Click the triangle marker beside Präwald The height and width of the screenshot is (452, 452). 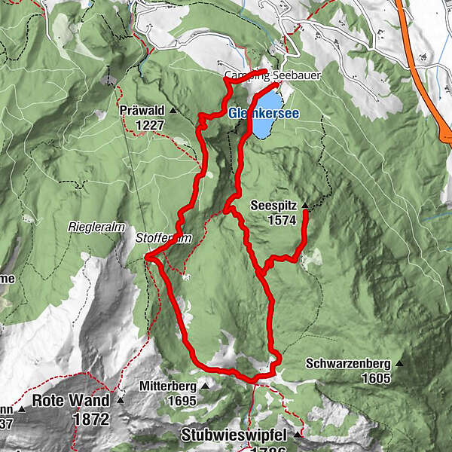pos(172,111)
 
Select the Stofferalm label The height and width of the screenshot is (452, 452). pos(160,237)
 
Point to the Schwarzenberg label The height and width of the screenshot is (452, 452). pos(349,363)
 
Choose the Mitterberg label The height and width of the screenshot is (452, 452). pos(168,386)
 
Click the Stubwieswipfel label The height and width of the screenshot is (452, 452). pos(236,435)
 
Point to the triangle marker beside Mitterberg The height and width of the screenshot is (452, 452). pos(204,386)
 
